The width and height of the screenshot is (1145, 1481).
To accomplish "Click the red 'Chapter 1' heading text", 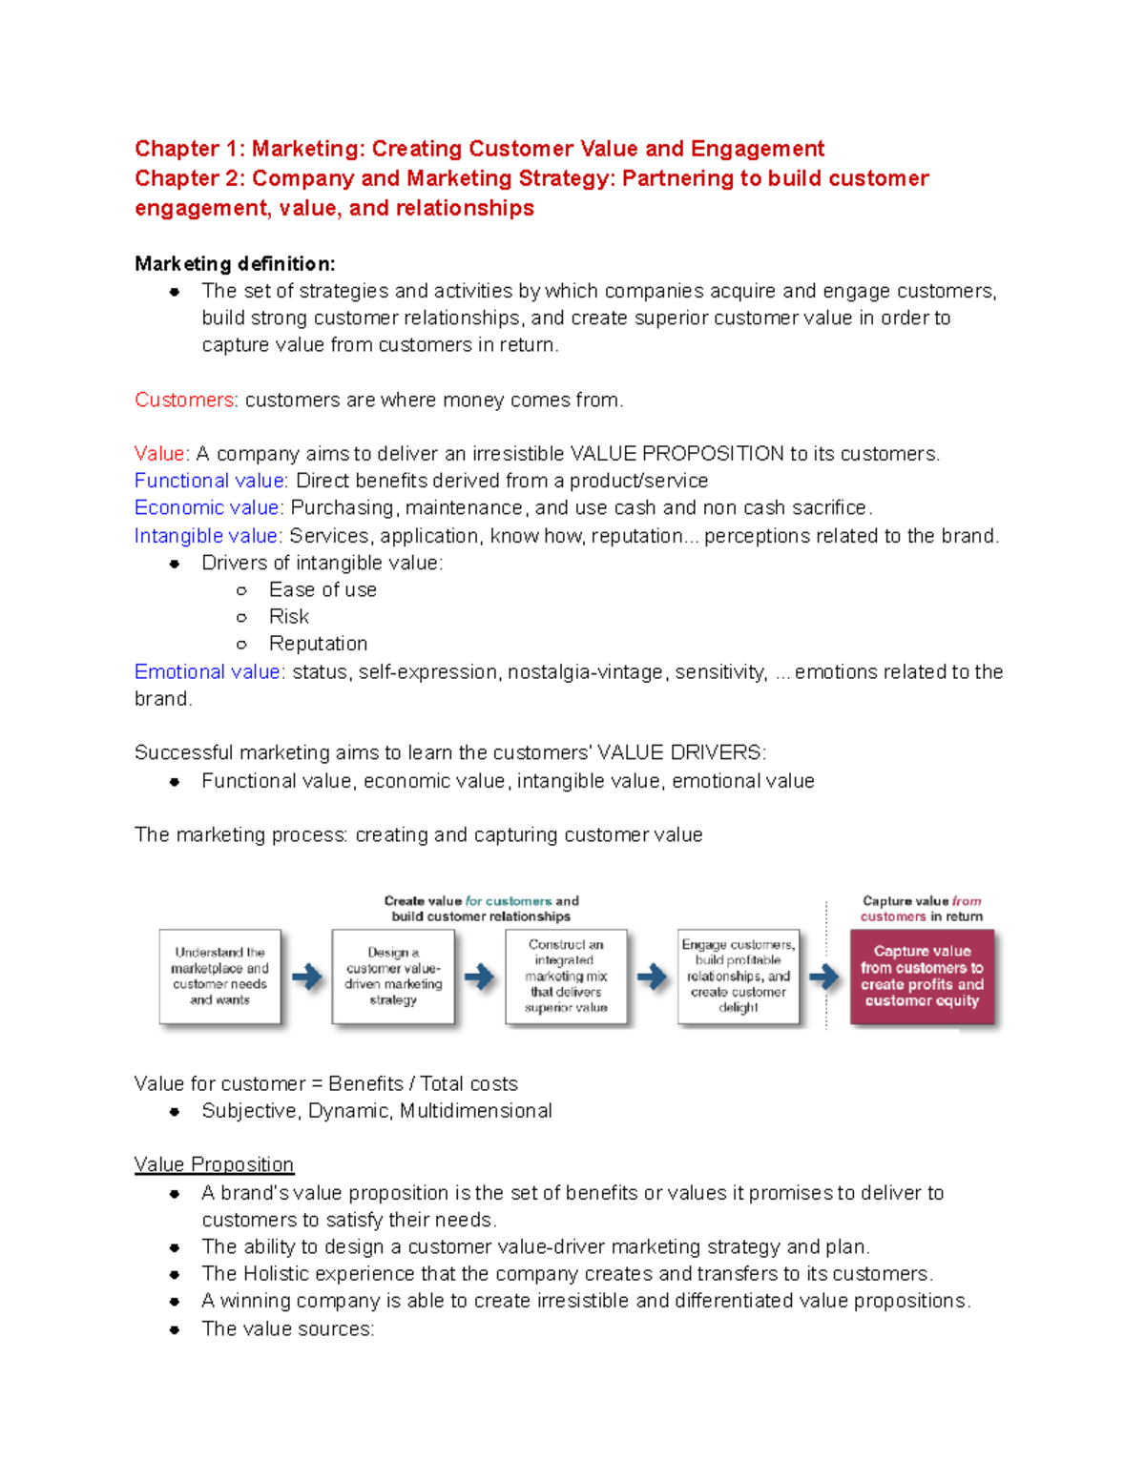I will click(479, 149).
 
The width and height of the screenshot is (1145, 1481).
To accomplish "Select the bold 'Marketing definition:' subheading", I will click(235, 263).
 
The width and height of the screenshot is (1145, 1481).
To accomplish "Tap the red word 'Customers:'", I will click(185, 400).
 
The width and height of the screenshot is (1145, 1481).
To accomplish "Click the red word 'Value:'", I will click(161, 454).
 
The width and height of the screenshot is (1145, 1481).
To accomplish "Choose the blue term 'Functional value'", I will click(209, 481).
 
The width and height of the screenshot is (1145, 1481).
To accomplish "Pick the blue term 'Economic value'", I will click(207, 507).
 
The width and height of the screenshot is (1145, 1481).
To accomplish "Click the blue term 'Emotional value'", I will click(207, 671).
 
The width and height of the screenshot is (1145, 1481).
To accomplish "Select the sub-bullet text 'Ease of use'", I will click(323, 589).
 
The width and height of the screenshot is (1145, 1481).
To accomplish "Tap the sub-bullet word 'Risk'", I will click(289, 616).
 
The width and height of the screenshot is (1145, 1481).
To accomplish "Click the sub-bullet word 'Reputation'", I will click(318, 644).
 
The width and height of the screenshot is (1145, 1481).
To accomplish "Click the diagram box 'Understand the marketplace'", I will click(220, 977).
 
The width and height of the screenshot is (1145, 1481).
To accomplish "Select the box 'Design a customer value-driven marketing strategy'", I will click(393, 977).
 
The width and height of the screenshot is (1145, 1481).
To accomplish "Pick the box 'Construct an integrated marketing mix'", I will click(566, 977).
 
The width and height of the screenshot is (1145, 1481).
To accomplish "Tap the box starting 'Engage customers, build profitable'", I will click(739, 977).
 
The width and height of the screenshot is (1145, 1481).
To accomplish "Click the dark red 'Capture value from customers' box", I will click(922, 977).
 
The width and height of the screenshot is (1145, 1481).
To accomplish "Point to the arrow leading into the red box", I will click(823, 977).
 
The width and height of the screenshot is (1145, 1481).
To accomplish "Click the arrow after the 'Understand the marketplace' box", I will click(306, 977).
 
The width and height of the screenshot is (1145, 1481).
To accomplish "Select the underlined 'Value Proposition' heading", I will click(214, 1164).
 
